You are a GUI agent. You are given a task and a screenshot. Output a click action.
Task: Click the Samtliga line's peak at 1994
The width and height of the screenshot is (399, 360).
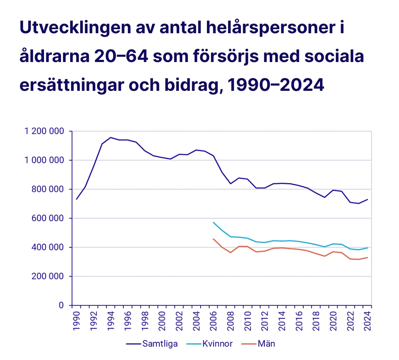pyautogui.click(x=110, y=137)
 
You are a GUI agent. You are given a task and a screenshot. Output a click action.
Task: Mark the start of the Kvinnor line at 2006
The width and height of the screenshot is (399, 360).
pyautogui.click(x=213, y=222)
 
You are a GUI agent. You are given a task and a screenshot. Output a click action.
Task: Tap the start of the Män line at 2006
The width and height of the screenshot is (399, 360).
pyautogui.click(x=213, y=239)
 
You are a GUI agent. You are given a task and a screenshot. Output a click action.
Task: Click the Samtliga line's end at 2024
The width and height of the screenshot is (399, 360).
pyautogui.click(x=367, y=199)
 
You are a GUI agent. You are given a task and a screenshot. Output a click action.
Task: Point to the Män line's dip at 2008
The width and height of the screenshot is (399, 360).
pyautogui.click(x=231, y=253)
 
